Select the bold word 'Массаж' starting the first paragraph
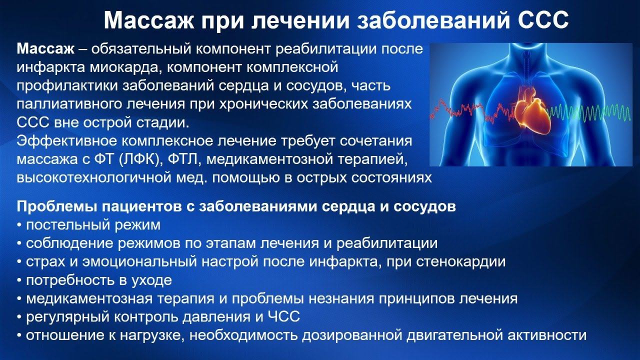45,49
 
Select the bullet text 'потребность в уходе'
98,280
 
